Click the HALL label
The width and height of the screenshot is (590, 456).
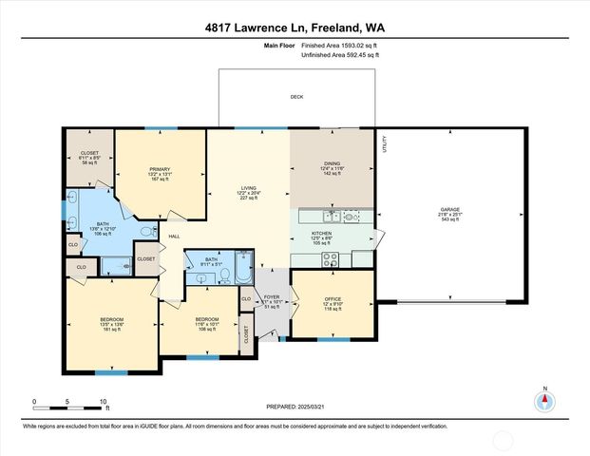pos(174,236)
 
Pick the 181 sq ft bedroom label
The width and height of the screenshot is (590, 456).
pos(111,319)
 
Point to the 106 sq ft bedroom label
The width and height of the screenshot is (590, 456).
pos(207,319)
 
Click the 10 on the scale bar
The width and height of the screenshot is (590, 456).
pos(104,401)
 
